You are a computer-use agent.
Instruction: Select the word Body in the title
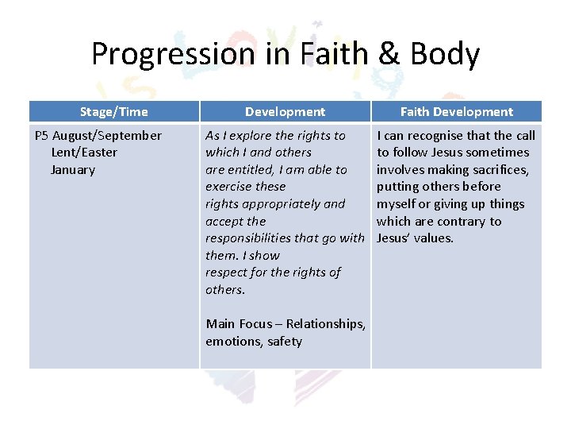(447, 54)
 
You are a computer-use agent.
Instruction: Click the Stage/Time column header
(113, 112)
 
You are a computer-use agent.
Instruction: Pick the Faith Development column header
(456, 112)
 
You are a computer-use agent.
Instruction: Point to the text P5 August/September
(98, 136)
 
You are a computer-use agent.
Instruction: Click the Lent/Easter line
(84, 153)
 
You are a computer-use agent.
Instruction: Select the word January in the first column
(73, 170)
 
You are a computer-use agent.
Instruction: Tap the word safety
(285, 342)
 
